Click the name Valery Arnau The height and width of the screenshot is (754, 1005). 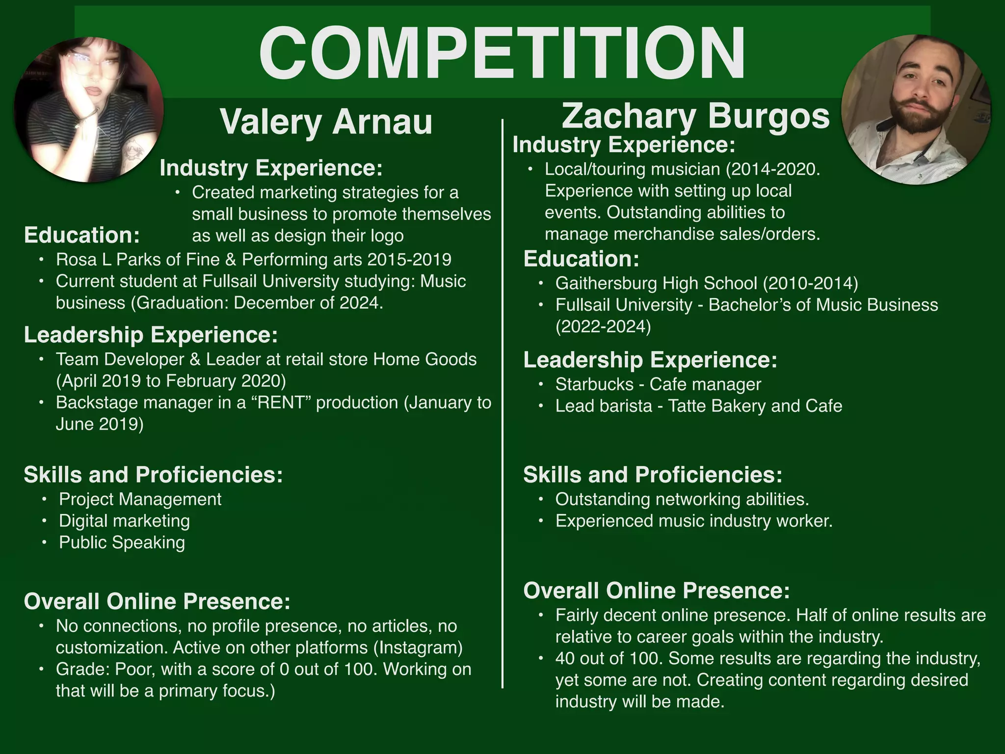tap(326, 122)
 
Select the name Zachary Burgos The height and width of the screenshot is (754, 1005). tap(695, 116)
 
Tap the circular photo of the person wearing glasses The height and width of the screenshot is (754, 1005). tap(89, 109)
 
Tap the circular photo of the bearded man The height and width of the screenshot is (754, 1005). tap(915, 109)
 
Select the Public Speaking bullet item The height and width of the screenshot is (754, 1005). tap(122, 542)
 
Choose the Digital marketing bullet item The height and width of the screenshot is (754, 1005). tap(124, 521)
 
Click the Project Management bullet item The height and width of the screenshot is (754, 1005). tap(140, 499)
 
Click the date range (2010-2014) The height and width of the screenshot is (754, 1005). tap(810, 283)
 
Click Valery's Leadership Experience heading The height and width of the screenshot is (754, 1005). tap(151, 335)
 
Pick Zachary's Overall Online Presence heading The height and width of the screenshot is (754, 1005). tap(656, 590)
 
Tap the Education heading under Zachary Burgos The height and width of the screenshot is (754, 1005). tap(581, 259)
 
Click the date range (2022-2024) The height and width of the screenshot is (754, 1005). tap(603, 326)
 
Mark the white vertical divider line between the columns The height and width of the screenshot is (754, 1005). tap(502, 403)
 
